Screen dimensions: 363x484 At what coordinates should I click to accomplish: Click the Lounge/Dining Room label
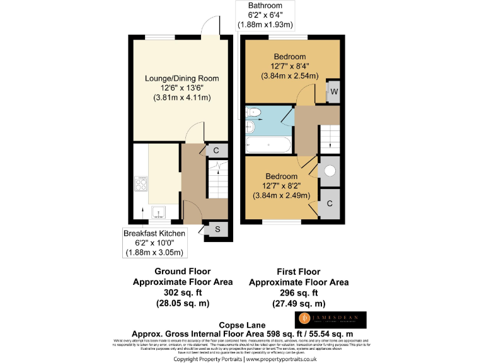coord(181,88)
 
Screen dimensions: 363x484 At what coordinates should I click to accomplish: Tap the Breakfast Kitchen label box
coord(154,243)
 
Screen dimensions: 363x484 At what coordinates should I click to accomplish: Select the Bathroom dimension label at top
coord(265,15)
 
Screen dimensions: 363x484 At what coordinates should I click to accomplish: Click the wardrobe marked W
coord(333,91)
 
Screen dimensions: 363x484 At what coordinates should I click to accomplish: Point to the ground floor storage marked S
coord(217,229)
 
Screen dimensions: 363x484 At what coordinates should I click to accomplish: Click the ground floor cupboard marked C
coord(216,151)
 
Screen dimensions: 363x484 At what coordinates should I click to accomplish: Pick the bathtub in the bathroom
coord(268,145)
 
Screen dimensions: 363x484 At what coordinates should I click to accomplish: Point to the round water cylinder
coord(329,171)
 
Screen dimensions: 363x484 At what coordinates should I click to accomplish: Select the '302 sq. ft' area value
coord(182,292)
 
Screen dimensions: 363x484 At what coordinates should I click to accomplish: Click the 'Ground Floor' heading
coord(182,272)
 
